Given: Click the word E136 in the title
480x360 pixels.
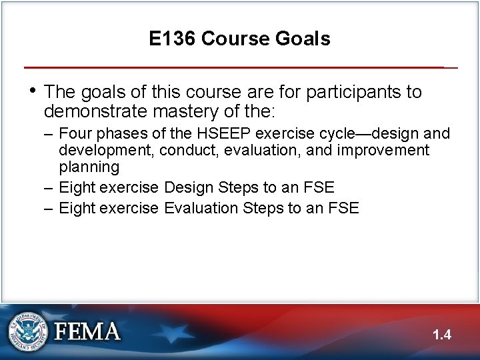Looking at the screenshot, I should click(172, 39).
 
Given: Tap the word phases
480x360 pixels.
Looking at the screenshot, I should click(119, 134).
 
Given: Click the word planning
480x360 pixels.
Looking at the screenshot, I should click(89, 167).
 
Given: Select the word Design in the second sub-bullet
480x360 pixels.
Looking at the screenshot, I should click(187, 187).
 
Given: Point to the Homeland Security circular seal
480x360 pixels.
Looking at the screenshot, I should click(28, 331).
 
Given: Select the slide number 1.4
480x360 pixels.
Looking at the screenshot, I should click(441, 335).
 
